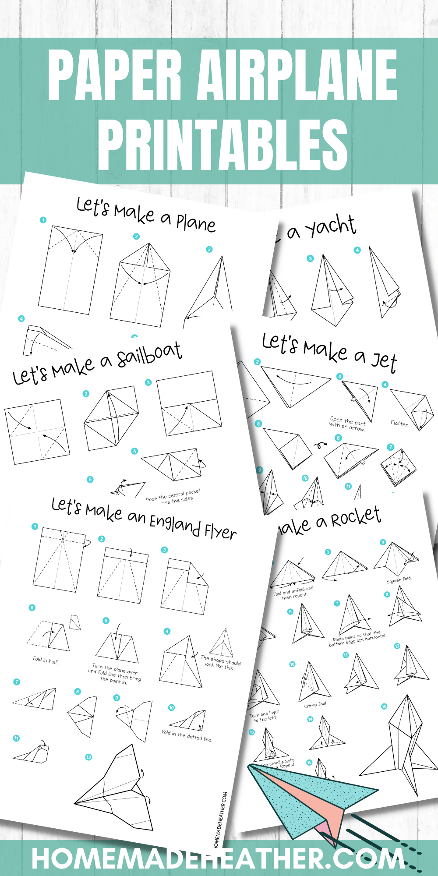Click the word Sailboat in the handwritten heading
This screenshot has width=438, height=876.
(149, 354)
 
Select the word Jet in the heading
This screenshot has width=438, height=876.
(384, 361)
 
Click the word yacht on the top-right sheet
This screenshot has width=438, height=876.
(330, 227)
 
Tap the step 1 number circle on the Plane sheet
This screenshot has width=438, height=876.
(43, 220)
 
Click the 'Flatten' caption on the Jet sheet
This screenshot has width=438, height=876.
(399, 424)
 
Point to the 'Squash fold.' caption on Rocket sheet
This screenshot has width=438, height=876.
(399, 580)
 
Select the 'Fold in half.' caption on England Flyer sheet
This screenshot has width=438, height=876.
(46, 660)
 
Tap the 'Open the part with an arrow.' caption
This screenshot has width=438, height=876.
(347, 424)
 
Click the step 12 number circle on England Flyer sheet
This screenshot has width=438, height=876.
(88, 757)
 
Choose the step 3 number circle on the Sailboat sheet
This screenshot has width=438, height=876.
(148, 382)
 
